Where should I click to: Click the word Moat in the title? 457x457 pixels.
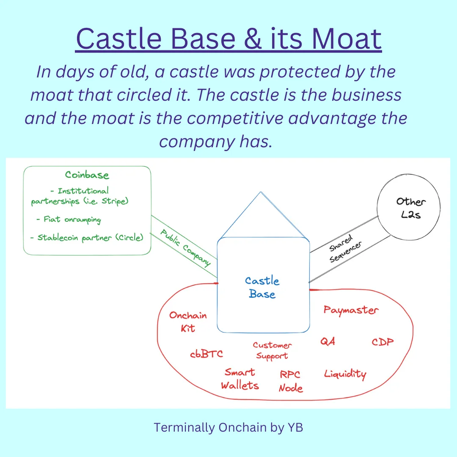[x=347, y=39]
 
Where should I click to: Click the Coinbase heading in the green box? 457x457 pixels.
[x=87, y=175]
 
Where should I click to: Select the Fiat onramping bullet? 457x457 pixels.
[x=69, y=220]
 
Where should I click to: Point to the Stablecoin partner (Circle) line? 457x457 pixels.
[x=87, y=238]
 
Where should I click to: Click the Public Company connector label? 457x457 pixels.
[x=185, y=248]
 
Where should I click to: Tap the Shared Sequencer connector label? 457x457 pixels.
[x=345, y=249]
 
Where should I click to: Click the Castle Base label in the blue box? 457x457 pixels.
[x=262, y=287]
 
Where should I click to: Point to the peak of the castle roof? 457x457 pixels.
[x=261, y=192]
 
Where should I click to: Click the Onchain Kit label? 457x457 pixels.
[x=188, y=322]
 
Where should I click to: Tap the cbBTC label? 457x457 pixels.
[x=206, y=354]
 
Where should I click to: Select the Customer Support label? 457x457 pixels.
[x=272, y=351]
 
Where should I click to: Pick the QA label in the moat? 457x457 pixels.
[x=328, y=341]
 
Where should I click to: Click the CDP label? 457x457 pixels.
[x=383, y=342]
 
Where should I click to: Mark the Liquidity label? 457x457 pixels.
[x=345, y=374]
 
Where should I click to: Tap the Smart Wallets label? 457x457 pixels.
[x=240, y=379]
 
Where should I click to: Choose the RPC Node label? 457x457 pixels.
[x=291, y=381]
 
